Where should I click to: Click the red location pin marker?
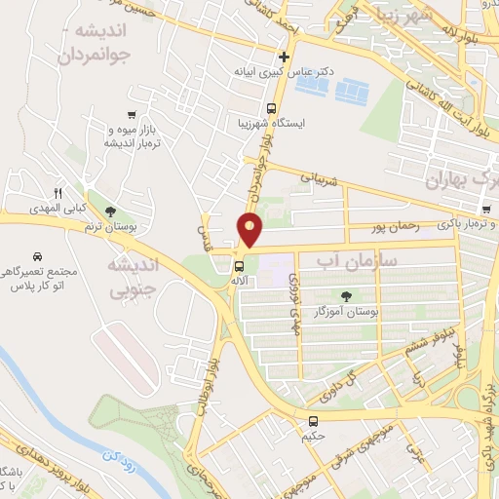click(x=250, y=229)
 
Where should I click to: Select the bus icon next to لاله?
click(x=240, y=265)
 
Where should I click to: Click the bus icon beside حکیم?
click(x=313, y=422)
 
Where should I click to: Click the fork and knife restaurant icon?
click(x=58, y=193)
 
